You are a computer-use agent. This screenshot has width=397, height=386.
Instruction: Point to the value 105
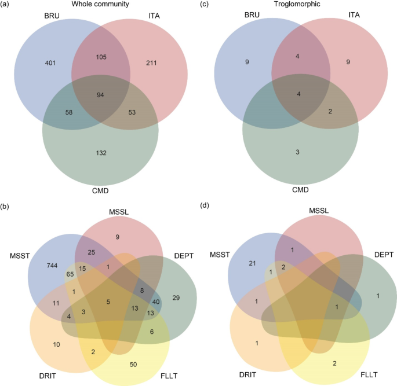click(x=100, y=57)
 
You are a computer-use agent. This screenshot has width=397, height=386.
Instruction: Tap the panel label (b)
click(x=6, y=204)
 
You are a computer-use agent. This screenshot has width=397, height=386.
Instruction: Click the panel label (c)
click(x=205, y=5)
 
